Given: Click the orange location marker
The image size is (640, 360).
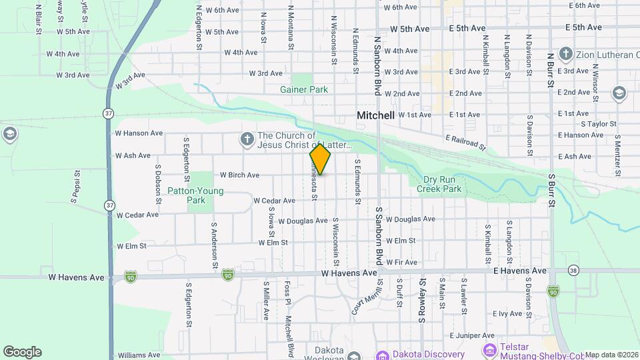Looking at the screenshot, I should (x=320, y=159).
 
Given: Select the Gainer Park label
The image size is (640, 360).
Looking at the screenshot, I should (x=304, y=89).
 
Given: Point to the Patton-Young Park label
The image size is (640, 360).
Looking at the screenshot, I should (x=205, y=195).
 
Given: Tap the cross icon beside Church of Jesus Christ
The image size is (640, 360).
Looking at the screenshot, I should (x=247, y=139).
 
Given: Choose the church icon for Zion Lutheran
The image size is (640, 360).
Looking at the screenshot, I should (x=566, y=53).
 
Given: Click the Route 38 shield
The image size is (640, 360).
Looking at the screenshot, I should (x=573, y=270).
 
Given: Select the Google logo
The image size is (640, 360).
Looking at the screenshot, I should (x=22, y=352).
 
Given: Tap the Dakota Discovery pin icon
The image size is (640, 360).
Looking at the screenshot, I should (x=383, y=354).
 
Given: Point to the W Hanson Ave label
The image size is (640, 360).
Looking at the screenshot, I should (x=139, y=133).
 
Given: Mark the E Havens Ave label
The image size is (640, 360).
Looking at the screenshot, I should (x=520, y=271).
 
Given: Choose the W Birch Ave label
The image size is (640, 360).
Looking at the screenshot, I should (x=239, y=175).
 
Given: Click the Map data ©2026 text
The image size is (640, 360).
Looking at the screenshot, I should (x=611, y=355).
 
